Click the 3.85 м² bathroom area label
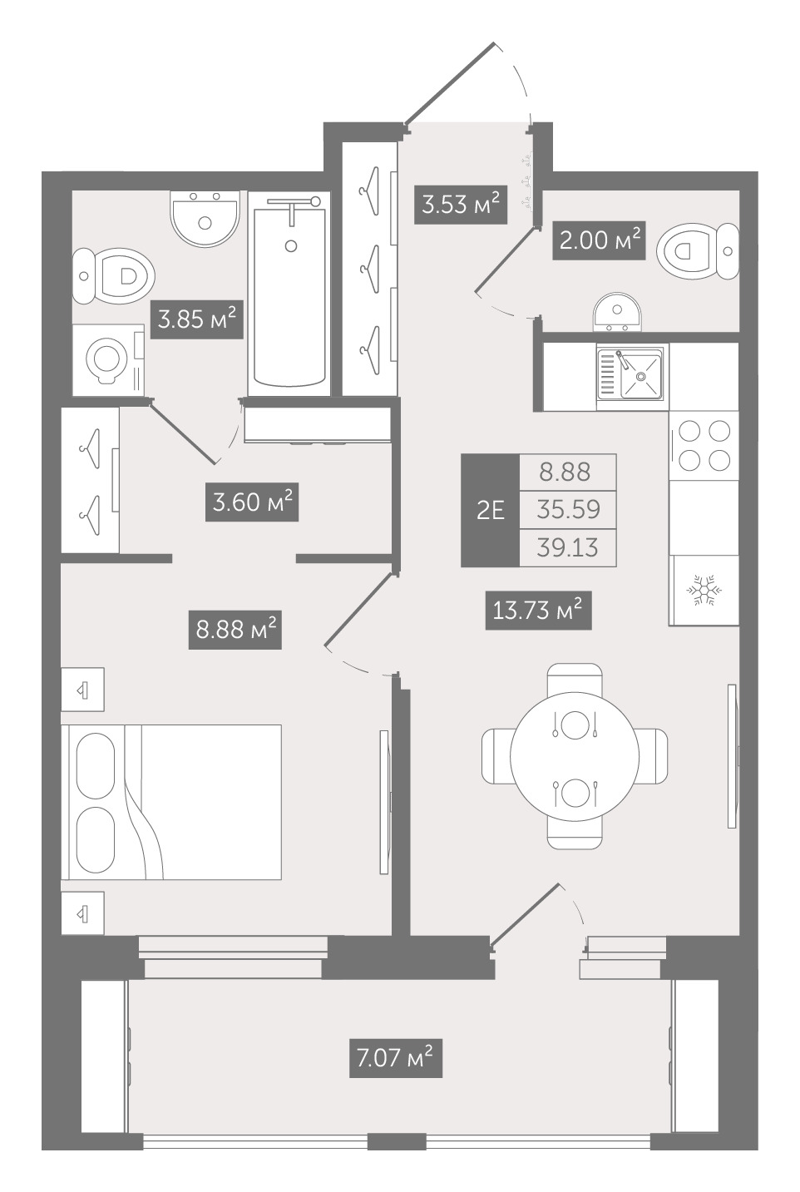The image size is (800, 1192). pos(197,319)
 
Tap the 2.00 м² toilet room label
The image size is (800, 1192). pos(599,240)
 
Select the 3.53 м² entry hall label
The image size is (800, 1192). pos(461,205)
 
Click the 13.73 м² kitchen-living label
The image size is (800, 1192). pos(538,611)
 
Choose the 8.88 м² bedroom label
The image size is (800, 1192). pos(235,630)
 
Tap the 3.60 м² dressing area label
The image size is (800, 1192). pos(252,502)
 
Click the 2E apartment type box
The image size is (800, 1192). pos(490,511)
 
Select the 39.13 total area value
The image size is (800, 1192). pos(567,547)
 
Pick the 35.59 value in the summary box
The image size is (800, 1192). pos(568,509)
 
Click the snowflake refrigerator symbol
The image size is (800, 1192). pos(704,590)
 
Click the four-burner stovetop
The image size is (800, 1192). pos(704,445)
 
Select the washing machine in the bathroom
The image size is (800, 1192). pos(108,359)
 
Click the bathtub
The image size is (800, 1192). pos(289,294)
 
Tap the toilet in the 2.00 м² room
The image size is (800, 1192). pos(698,250)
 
